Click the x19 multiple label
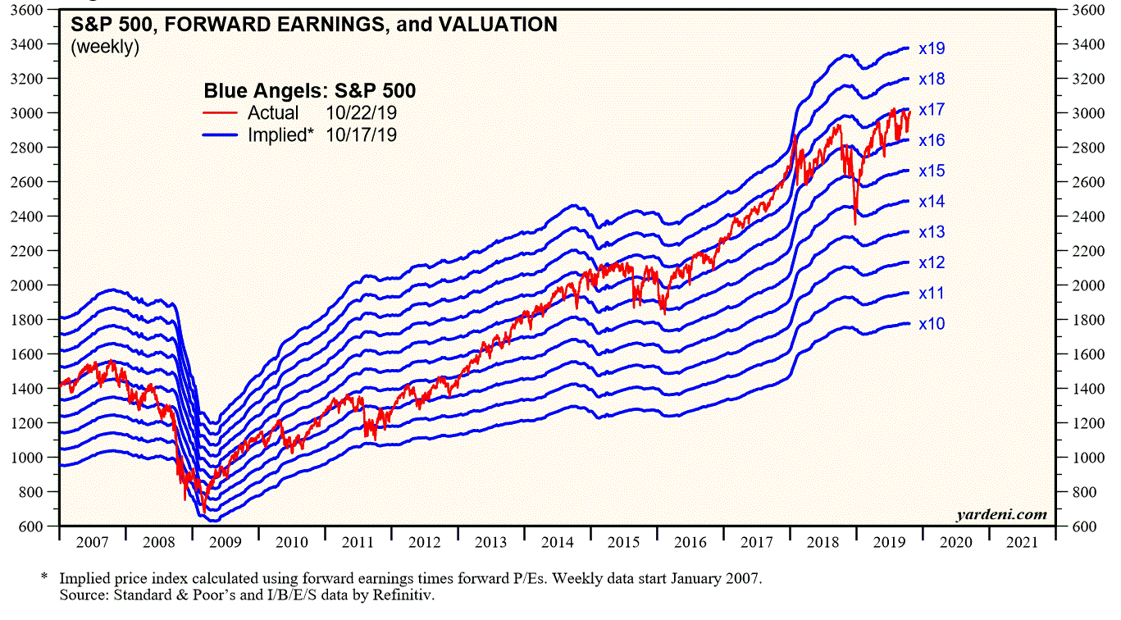coord(932,48)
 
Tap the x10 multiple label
coord(932,324)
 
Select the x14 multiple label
coord(932,202)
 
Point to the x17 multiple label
coord(932,110)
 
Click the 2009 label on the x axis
coord(226,543)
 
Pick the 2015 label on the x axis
coord(624,543)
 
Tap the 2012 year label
coord(425,543)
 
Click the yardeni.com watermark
coord(1001,515)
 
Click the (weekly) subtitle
coord(105,47)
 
